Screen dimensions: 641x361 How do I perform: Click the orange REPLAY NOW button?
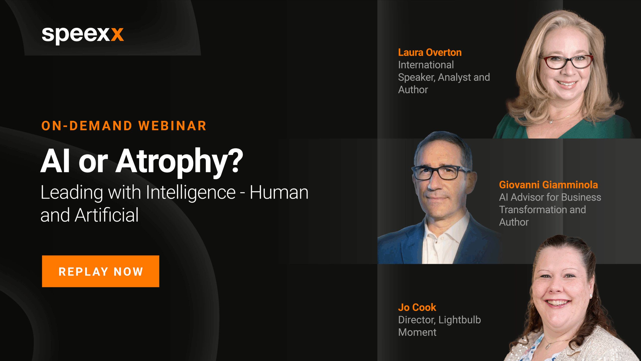pos(100,271)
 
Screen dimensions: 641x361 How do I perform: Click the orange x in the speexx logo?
pos(117,34)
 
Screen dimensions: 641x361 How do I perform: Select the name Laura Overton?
pos(430,52)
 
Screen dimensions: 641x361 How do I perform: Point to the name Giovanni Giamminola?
pos(548,185)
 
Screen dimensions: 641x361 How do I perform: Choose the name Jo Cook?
pos(417,307)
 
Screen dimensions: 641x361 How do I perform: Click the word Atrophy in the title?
pos(173,162)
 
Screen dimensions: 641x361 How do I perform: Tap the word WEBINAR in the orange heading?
pos(172,126)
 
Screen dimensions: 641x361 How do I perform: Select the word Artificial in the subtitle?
pos(107,215)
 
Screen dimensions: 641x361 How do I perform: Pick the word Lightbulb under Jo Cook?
pos(460,320)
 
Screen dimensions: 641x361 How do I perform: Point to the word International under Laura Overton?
pos(426,65)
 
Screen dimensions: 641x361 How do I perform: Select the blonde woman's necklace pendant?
pos(551,122)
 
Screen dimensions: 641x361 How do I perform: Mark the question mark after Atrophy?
pos(237,161)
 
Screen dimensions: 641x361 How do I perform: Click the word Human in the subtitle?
pos(279,193)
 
